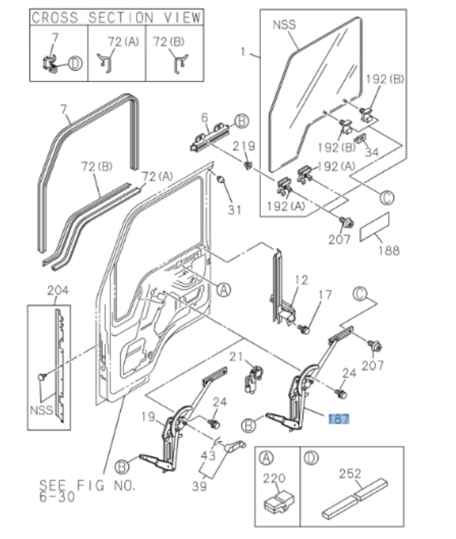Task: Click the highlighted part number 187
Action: point(339,419)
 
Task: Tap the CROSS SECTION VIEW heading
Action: point(116,17)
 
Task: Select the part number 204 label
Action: point(58,291)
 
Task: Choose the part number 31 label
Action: point(234,209)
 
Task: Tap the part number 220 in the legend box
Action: point(275,478)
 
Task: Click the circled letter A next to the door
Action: point(223,289)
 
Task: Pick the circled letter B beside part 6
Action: point(242,121)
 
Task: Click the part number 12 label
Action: point(301,279)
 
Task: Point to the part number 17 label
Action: point(326,295)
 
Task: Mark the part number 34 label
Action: point(372,153)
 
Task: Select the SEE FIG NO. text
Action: point(88,486)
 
